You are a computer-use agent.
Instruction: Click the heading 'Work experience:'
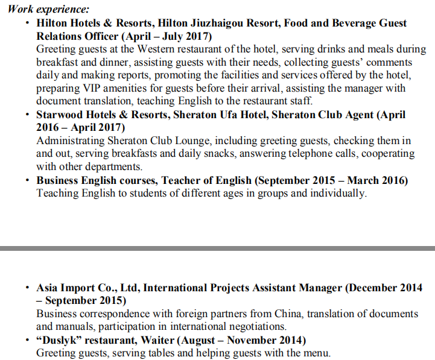(48, 9)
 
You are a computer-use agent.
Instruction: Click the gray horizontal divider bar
(217, 248)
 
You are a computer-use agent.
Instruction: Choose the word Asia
(48, 288)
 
